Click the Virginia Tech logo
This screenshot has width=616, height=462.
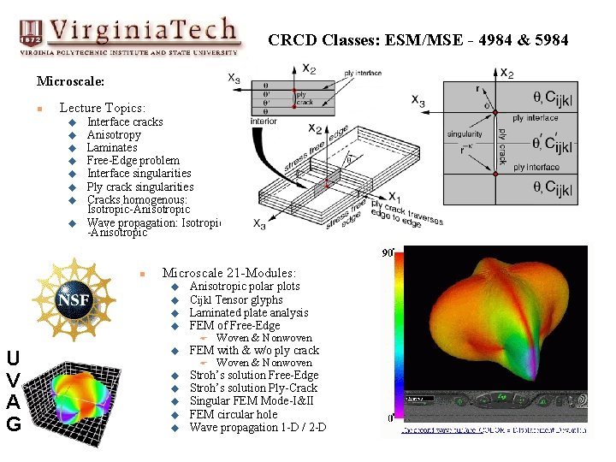click(x=128, y=35)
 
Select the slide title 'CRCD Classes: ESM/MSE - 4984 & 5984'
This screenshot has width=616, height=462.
click(x=418, y=39)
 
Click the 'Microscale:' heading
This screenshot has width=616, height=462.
click(x=70, y=82)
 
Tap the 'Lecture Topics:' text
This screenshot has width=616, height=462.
click(x=102, y=108)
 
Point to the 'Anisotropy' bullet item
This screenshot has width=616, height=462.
click(x=114, y=135)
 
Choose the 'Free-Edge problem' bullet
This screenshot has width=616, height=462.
click(x=133, y=160)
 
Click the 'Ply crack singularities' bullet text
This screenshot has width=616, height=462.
click(x=140, y=187)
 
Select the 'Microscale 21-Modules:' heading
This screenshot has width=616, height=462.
click(x=228, y=272)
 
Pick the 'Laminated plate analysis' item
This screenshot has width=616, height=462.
click(x=248, y=312)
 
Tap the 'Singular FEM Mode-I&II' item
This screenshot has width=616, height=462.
click(x=252, y=400)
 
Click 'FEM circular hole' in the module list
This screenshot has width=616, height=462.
click(x=233, y=414)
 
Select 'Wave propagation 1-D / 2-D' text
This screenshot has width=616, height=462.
click(x=258, y=427)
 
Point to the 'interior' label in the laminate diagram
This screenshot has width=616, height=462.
click(x=264, y=122)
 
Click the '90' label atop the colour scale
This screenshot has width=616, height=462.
click(x=387, y=252)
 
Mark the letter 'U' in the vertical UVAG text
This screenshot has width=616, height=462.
click(x=14, y=358)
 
